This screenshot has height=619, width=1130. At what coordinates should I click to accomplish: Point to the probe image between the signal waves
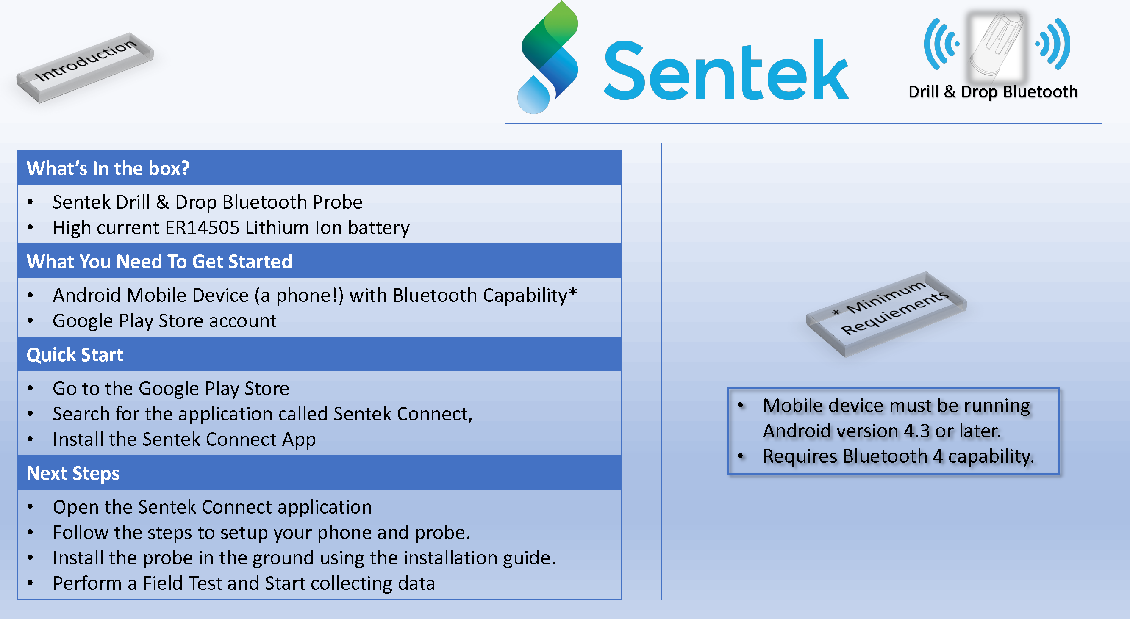pos(996,46)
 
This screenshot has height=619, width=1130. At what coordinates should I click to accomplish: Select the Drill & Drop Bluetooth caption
pos(993,92)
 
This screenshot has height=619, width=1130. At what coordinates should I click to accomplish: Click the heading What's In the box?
pos(108,169)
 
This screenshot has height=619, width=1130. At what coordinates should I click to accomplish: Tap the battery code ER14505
pos(202,228)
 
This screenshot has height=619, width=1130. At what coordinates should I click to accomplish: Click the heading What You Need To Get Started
pos(159,262)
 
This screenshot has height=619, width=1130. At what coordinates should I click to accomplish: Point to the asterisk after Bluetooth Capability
pos(572,292)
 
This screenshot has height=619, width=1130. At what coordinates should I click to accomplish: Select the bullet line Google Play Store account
pos(164,321)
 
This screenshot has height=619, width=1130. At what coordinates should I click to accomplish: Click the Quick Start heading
pos(75,355)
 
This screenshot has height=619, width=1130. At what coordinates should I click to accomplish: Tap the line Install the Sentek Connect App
pos(184,439)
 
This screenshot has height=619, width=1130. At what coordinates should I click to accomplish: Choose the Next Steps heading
pos(73,473)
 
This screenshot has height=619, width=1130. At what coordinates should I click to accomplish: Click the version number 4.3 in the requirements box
pos(917,431)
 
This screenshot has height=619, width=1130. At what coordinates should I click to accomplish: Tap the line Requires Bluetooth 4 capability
pos(898,457)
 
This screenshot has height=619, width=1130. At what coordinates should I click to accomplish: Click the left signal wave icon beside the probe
pos(941,44)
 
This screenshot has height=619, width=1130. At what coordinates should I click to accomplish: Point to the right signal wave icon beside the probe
pos(1053,44)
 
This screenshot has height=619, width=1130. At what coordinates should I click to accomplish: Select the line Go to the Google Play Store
pos(171,389)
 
